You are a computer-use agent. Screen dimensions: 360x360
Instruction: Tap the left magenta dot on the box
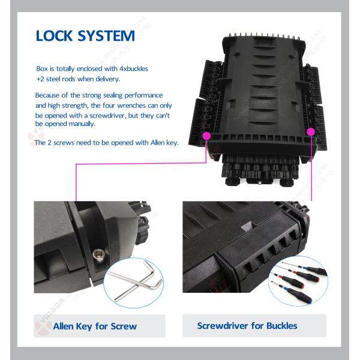pyautogui.click(x=206, y=136)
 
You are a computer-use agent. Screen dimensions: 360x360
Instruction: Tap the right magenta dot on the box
pyautogui.click(x=311, y=131)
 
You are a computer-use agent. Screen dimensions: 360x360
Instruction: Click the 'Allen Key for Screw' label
pyautogui.click(x=95, y=326)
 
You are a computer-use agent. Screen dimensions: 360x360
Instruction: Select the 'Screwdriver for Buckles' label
pyautogui.click(x=247, y=326)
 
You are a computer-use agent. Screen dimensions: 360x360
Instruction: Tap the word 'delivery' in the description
pyautogui.click(x=105, y=79)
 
